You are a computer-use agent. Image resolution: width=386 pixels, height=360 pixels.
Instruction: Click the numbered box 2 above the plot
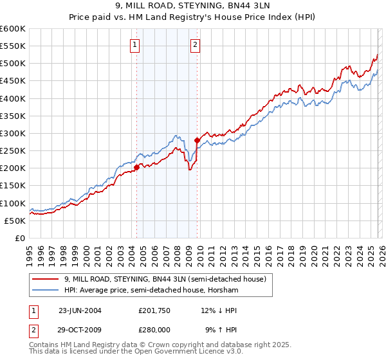[194, 45]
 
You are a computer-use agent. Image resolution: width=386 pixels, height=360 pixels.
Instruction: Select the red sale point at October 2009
[197, 139]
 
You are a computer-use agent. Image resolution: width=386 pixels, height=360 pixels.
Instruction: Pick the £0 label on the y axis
[21, 238]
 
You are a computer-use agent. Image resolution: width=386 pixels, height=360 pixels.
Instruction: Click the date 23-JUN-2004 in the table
[80, 310]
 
